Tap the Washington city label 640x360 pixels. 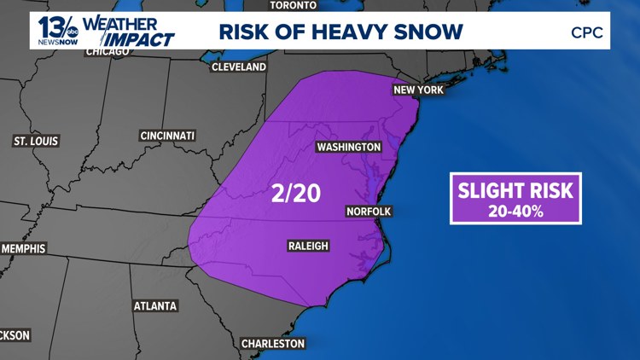[348, 147]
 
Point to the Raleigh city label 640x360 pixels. [308, 247]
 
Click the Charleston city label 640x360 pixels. [272, 343]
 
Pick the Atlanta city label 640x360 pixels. [155, 305]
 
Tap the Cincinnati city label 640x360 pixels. [168, 136]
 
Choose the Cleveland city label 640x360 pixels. [239, 67]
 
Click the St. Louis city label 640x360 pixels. [36, 140]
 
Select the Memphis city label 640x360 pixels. [23, 248]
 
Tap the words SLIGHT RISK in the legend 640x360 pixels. [515, 189]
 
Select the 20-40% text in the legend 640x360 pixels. [515, 210]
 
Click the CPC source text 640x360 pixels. [587, 33]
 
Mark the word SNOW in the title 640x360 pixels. [430, 32]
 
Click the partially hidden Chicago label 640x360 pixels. [108, 52]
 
